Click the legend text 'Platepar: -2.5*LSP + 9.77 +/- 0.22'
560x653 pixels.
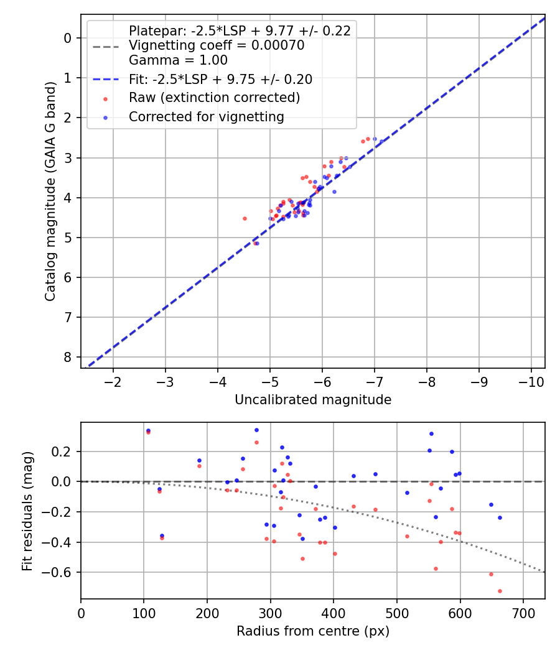(240, 30)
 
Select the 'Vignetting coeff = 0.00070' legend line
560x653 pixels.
(216, 45)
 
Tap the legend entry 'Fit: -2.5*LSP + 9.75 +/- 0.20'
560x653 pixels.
(220, 79)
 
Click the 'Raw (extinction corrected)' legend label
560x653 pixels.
(214, 98)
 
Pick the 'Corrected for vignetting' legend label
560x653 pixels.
(206, 116)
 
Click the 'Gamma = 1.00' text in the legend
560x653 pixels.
(178, 60)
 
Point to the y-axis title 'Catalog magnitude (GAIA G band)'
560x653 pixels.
(50, 191)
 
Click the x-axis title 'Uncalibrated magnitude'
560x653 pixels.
(312, 400)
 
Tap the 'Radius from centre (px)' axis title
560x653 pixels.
(312, 631)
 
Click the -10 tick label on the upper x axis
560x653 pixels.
(531, 381)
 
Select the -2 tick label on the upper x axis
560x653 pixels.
(113, 381)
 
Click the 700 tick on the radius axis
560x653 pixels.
(523, 613)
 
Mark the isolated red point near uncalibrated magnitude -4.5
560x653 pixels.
(245, 218)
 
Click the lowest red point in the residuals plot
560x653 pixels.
(500, 591)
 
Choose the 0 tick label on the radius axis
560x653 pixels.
(81, 613)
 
